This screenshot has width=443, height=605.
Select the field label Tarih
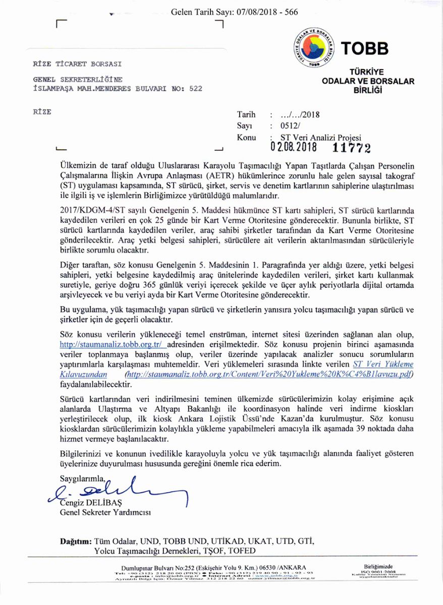[x=246, y=115]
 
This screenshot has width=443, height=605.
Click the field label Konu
[x=246, y=137]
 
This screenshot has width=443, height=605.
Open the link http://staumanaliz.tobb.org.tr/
[x=110, y=344]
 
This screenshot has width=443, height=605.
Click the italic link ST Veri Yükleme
[x=383, y=364]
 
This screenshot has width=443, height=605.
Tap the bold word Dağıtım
[x=76, y=541]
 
